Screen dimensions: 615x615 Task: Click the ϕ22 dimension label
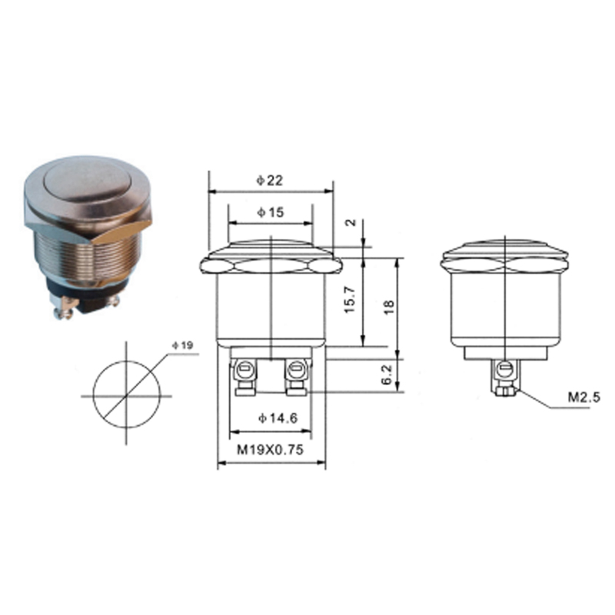pos(270,181)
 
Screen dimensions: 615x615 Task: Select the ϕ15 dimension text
pos(271,212)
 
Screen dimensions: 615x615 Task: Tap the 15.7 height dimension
pos(350,300)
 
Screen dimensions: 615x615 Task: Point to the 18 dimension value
pos(389,307)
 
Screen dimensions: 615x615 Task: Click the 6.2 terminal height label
pos(387,374)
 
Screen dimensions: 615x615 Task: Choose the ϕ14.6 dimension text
pos(278,418)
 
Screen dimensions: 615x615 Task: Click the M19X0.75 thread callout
pos(271,450)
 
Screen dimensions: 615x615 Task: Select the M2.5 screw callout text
pos(584,397)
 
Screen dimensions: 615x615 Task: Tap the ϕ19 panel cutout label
pos(183,345)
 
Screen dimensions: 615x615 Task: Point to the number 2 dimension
pos(351,222)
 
